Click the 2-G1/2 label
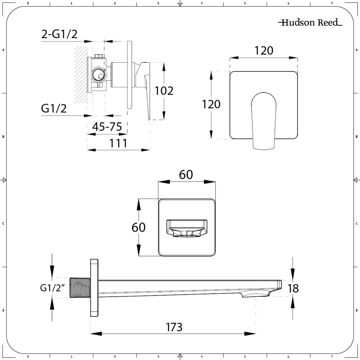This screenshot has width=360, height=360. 59,35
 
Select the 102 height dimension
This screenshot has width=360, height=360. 164,90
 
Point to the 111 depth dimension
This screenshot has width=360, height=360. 118,143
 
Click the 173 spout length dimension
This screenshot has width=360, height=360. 174,327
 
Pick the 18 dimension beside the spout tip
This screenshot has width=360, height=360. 294,288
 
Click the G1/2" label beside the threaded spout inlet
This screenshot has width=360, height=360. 52,288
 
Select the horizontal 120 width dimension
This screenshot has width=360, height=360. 264,51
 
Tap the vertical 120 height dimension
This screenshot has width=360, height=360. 211,104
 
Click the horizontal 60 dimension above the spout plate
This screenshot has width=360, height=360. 186,175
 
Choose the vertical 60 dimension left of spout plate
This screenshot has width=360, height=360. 139,228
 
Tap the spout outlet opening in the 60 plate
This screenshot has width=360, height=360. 186,229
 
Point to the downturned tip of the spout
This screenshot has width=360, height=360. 274,290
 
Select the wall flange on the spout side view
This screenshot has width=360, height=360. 94,287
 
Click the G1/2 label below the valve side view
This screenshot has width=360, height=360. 54,108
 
